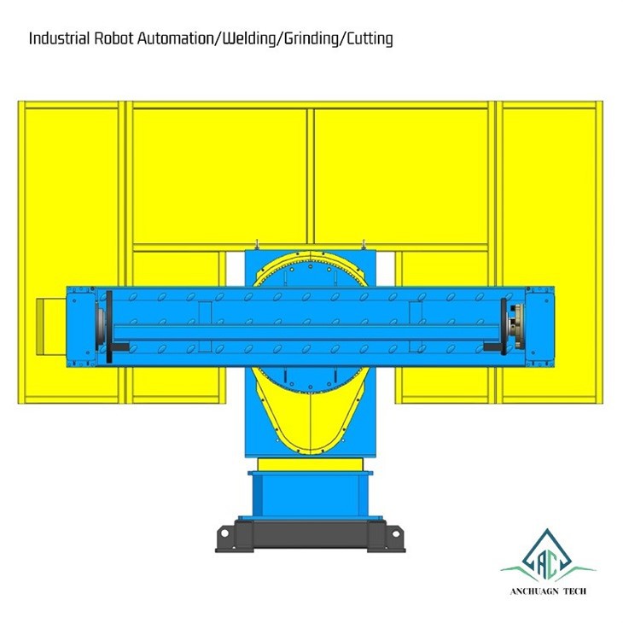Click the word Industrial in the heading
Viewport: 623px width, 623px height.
(x=59, y=39)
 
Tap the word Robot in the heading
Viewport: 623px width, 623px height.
(x=114, y=39)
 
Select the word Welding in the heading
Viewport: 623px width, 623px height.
(x=248, y=39)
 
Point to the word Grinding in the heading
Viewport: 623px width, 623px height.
(x=311, y=39)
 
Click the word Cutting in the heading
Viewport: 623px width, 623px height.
(x=370, y=39)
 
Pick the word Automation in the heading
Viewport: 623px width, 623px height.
(x=175, y=39)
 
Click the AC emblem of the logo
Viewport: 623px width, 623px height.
(x=548, y=554)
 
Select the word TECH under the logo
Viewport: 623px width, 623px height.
(x=574, y=591)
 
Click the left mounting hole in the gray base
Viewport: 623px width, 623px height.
(x=224, y=533)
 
